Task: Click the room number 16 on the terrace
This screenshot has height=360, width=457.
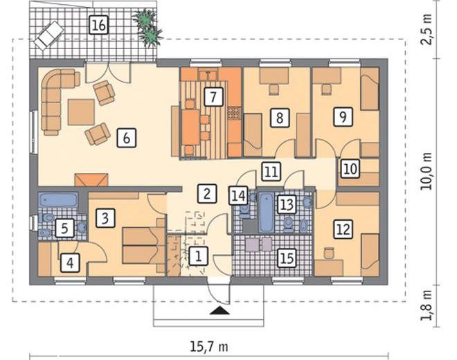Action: point(99,26)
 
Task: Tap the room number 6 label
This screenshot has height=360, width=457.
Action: point(127,138)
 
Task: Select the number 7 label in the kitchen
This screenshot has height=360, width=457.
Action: point(213,96)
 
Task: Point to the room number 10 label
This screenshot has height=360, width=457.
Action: point(350,168)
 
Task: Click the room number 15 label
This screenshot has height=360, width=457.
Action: point(287,258)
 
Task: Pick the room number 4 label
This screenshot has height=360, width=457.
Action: point(70,262)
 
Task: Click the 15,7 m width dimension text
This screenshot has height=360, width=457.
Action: point(209,347)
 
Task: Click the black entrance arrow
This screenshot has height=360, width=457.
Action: point(219,311)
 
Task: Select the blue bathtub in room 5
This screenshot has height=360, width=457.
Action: point(58,200)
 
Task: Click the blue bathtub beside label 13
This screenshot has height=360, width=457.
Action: point(267,213)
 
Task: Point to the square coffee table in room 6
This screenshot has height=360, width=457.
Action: point(81,112)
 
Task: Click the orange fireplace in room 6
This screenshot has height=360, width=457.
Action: point(91,180)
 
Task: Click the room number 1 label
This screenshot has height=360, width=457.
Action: point(198,256)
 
